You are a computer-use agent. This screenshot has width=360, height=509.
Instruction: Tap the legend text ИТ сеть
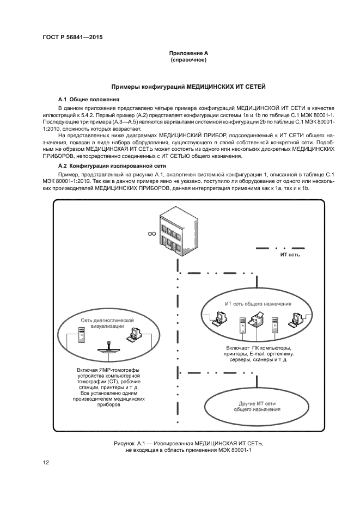290,254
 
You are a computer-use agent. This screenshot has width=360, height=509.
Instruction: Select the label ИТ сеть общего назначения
258,303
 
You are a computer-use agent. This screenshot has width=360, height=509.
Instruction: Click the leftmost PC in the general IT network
218,317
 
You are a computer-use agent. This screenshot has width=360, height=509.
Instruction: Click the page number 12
46,463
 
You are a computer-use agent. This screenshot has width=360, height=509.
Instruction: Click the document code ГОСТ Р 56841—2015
72,37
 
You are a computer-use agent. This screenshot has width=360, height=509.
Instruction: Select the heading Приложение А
188,53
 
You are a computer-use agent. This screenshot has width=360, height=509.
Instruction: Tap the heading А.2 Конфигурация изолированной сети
109,165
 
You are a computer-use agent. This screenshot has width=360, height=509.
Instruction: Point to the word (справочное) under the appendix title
188,60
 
